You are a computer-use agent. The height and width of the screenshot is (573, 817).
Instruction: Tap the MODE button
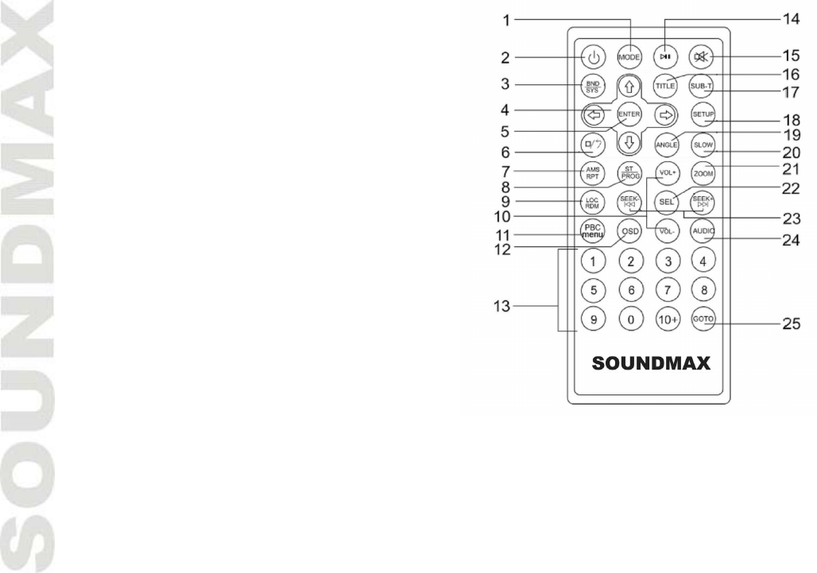click(x=629, y=57)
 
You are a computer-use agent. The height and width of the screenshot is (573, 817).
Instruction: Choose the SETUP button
click(x=703, y=114)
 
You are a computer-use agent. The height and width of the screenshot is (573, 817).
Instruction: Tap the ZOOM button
click(x=703, y=172)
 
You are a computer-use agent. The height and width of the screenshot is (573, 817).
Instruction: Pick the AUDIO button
click(x=703, y=231)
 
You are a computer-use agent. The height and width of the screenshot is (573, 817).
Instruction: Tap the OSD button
click(x=630, y=231)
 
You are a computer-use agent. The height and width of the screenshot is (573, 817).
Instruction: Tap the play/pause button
click(x=665, y=57)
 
